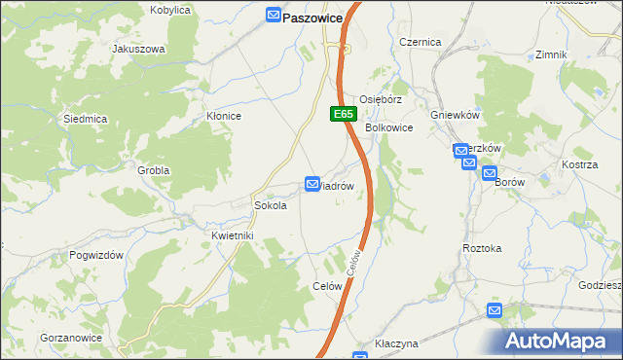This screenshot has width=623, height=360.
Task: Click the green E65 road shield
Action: pos(342,114)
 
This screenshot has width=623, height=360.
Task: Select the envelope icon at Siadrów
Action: pos(312,183)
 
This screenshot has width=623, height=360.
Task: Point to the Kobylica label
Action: pos(170,10)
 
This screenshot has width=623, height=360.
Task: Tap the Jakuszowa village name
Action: pos(139,48)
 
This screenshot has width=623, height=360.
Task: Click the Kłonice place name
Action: pos(224,116)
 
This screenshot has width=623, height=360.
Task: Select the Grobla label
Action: pos(153,170)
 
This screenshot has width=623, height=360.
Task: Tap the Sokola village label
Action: pos(270,205)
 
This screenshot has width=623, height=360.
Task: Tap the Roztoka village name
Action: pos(482,248)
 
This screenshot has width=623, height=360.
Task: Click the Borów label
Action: pos(509,182)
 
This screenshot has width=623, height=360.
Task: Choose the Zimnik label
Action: pos(551,54)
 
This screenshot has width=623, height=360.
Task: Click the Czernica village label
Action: pos(421,42)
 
